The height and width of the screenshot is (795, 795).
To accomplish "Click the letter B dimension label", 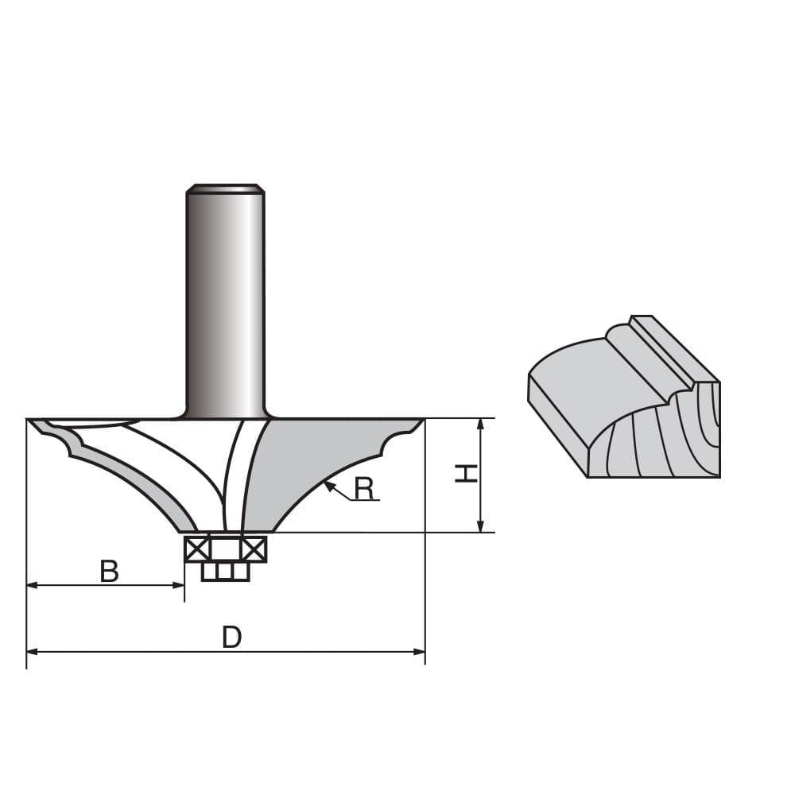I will [x=109, y=571].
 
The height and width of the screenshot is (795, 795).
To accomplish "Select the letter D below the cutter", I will [x=231, y=637].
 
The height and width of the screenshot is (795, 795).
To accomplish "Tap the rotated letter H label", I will [x=466, y=474].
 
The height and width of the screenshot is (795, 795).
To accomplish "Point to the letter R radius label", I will [x=364, y=489].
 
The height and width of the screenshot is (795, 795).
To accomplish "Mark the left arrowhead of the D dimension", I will [x=32, y=652].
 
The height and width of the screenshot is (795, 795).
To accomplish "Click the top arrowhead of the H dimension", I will [x=480, y=423].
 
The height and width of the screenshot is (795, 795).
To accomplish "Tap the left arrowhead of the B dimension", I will [x=32, y=585].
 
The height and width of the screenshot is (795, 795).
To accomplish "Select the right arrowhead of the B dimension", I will [x=179, y=585].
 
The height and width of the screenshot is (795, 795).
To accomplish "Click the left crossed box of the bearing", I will [x=197, y=549].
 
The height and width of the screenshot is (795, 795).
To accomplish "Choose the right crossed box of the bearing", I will [x=254, y=549].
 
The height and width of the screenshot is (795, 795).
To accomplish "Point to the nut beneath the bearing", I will [x=225, y=572].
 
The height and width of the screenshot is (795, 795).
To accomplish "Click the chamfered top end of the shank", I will [x=225, y=189].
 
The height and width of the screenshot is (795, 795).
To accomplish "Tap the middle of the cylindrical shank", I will [x=225, y=302].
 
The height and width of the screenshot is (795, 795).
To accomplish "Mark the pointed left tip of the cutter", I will [x=32, y=421].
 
